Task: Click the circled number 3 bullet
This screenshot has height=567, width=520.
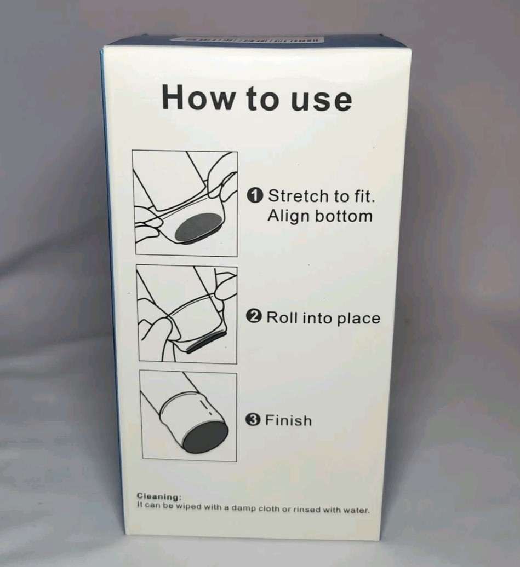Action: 253,420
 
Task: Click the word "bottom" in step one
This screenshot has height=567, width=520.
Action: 345,216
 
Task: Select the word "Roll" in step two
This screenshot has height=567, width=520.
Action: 281,317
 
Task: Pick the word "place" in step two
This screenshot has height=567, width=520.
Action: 356,319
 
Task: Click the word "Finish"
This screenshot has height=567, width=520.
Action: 289,420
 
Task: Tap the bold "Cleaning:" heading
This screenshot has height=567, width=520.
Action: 159,497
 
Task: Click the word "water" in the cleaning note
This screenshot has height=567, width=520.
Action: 357,510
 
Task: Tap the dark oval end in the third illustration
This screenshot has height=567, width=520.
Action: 205,438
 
